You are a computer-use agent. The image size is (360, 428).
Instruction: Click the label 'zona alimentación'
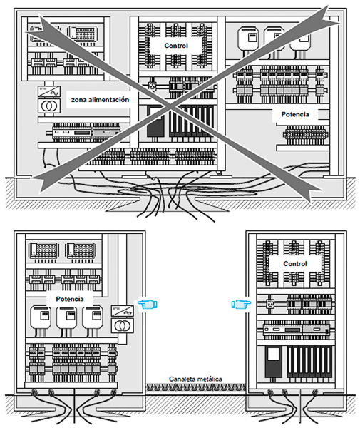point(100,100)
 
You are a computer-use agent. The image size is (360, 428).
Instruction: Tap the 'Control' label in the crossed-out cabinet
point(176,46)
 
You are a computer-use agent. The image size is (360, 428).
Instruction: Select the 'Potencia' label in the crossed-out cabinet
point(295,114)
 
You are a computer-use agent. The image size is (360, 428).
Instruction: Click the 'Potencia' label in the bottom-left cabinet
point(70,299)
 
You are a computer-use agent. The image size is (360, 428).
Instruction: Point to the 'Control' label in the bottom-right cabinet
point(295,264)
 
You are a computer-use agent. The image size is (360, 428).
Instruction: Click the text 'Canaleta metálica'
point(195,379)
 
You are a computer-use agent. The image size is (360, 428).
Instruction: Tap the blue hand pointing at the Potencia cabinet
point(148,304)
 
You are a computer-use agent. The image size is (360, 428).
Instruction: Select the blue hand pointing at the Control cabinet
point(241,304)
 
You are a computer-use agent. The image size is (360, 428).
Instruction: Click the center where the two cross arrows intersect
point(170,105)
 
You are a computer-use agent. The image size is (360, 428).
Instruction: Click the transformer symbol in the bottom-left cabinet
point(122,326)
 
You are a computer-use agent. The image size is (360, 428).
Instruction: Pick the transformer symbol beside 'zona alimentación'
point(49,106)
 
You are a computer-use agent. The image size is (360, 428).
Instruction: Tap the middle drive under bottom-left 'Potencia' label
point(66,317)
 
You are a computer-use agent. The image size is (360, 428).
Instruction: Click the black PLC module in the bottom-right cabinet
point(274,362)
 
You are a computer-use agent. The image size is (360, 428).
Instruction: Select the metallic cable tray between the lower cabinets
point(195,387)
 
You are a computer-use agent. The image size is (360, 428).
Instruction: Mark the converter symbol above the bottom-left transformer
point(122,312)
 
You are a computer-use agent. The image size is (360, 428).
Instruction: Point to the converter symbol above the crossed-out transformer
point(49,91)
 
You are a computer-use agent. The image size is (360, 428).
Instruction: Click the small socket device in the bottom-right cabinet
point(270,303)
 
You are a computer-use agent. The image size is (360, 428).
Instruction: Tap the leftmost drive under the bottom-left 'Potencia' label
point(41,317)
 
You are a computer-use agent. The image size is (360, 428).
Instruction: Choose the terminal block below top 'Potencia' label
point(305,135)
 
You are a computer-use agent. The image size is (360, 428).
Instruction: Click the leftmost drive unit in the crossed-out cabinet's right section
point(248,39)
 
